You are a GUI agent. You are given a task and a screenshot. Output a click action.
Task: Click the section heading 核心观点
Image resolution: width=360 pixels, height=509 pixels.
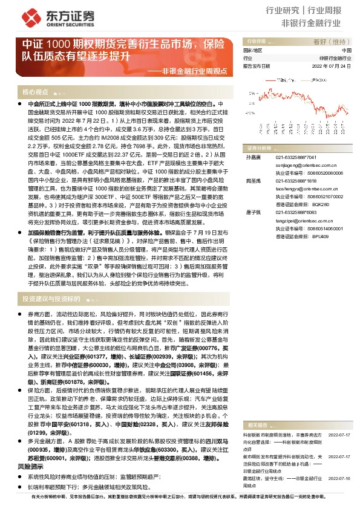tap(35, 92)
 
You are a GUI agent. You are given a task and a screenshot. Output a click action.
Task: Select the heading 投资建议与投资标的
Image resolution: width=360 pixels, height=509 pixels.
tap(50, 299)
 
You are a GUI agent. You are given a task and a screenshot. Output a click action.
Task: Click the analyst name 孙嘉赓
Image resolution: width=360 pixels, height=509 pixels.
tap(252, 157)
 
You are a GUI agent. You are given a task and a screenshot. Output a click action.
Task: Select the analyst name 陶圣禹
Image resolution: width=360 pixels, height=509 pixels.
tap(252, 181)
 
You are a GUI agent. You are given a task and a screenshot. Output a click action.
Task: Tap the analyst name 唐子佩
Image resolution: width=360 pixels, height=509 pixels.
tap(252, 211)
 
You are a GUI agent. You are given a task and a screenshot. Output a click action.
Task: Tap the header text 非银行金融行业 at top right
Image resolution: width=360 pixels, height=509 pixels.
tap(319, 23)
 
